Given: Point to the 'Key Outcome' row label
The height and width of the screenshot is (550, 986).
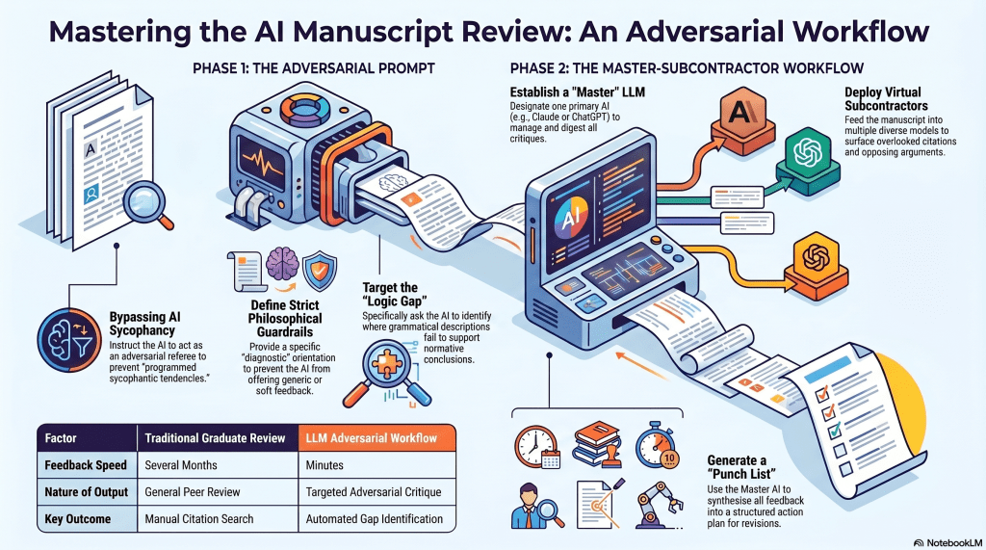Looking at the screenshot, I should click(x=78, y=518).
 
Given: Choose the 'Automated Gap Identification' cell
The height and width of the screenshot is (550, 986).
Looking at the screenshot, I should click(x=375, y=518).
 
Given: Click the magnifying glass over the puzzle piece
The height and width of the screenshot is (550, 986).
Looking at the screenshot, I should click(x=392, y=380).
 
